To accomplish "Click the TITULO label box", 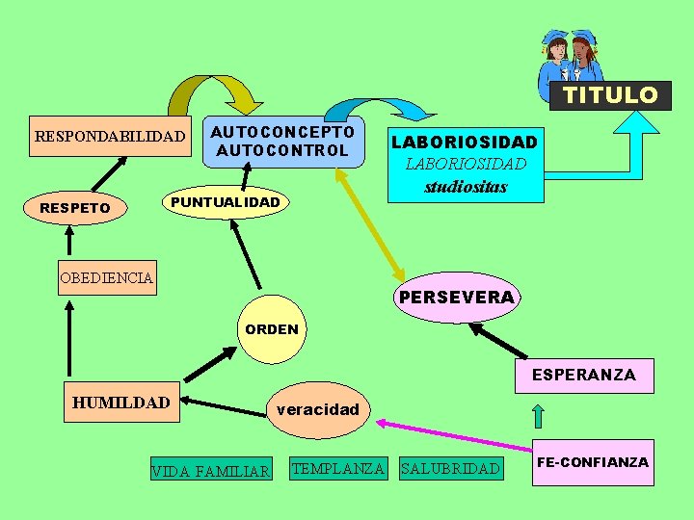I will coord(610,95).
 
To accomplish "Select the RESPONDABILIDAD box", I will coord(109,137).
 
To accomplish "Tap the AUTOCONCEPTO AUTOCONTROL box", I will coord(282,141).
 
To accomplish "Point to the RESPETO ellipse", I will coord(74,207).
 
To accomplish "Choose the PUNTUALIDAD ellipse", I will coord(225,202).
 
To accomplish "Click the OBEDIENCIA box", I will coord(106,278).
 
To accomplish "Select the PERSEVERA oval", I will coord(456,297).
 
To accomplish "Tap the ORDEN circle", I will coord(272,329).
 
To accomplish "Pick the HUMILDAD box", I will coord(120,403).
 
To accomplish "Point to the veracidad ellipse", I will coord(317,409).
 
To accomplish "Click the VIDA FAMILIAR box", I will coord(210,471).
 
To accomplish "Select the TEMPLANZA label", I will coord(338,469).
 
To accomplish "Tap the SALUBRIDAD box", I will coord(450,469).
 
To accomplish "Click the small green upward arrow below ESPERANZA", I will coord(539,416).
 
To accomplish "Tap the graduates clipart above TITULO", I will coord(572,58).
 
